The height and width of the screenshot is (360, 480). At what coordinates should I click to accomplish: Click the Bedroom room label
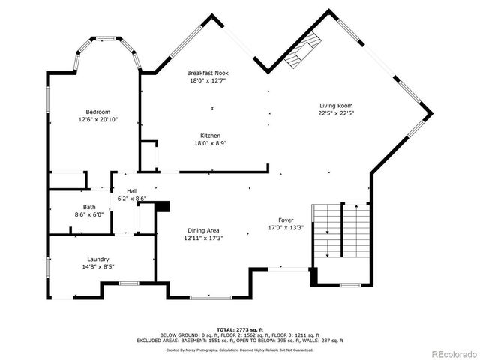coord(98,112)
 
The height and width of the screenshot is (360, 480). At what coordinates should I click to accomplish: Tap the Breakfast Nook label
coord(207,73)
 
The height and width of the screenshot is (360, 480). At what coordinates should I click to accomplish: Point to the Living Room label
coord(336,106)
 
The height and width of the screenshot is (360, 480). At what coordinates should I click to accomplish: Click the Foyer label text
coord(286,220)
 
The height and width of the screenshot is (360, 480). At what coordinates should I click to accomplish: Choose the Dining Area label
coord(204,230)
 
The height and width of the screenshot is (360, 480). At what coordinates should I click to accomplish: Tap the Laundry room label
coord(98,258)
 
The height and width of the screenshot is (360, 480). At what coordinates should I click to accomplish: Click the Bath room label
coord(89,207)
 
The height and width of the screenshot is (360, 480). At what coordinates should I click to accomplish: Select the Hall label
coord(132,191)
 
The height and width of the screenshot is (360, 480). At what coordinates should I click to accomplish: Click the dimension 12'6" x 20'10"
coord(98,119)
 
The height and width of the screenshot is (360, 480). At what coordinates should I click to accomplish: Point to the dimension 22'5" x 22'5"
coord(336,113)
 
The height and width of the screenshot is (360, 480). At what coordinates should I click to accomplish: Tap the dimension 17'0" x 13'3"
coord(286,228)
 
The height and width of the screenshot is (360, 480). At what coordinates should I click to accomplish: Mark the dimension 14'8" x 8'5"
coord(98,265)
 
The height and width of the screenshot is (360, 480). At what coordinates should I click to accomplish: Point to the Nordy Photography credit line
coord(239,349)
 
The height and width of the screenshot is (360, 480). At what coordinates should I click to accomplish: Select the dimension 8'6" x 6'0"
coord(89,214)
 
